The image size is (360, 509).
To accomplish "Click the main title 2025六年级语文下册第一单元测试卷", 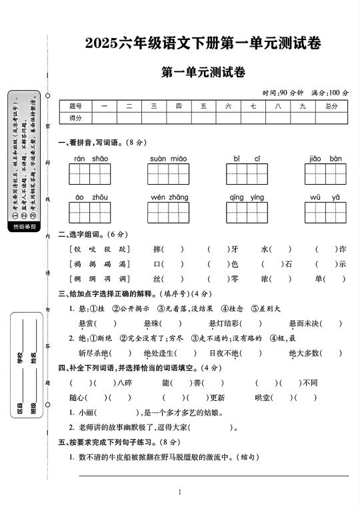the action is click(203, 44).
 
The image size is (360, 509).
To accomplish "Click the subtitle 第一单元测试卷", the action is click(203, 73).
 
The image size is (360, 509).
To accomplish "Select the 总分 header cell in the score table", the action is click(331, 106).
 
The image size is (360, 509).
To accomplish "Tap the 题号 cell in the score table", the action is click(75, 106).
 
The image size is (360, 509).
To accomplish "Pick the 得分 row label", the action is click(75, 117).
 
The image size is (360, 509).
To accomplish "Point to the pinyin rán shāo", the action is click(91, 159).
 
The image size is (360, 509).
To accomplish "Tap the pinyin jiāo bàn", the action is click(325, 159).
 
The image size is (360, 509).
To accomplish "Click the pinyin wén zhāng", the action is click(169, 197).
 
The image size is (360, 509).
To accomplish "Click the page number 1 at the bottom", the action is click(180, 492).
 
